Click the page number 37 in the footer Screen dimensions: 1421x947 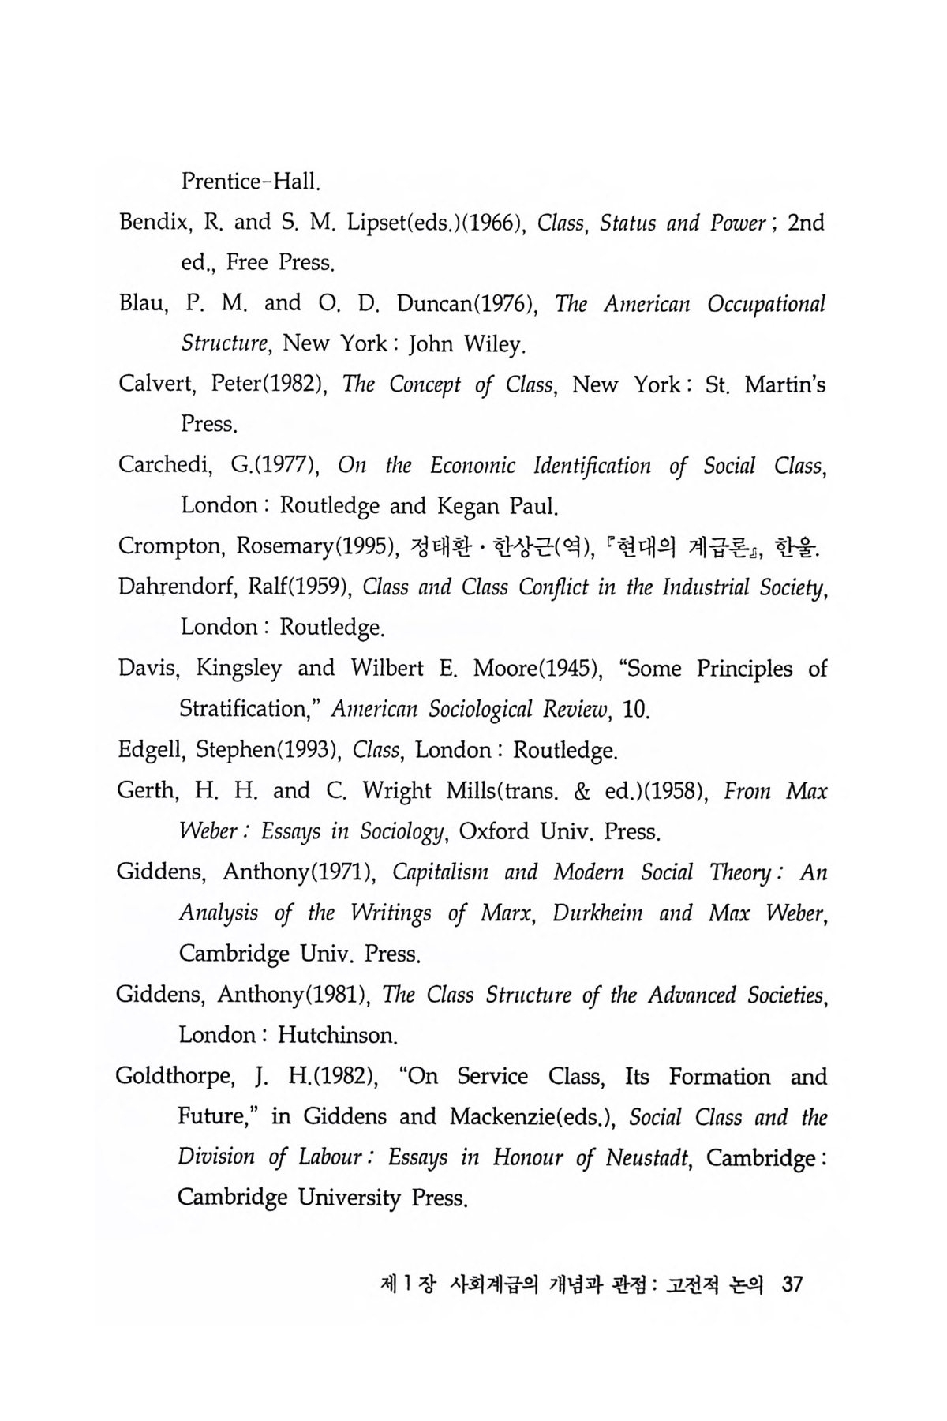pos(790,1284)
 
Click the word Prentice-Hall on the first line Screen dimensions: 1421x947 pos(249,182)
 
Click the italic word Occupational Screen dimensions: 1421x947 pos(766,305)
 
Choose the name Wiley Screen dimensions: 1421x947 pos(492,344)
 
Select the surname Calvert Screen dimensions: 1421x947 pos(157,385)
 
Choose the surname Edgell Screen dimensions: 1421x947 pos(148,749)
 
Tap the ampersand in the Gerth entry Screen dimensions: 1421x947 pos(560,790)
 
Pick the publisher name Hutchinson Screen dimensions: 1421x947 pos(335,1035)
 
